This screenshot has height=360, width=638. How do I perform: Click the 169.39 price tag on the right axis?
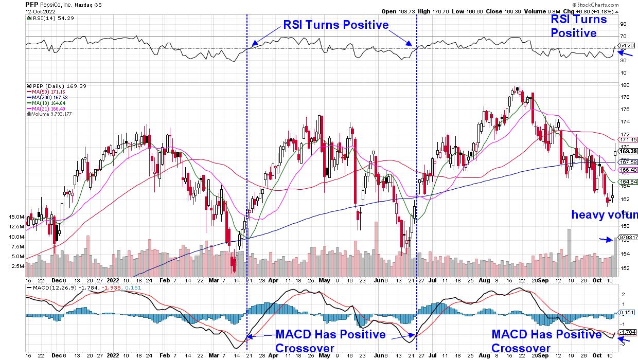coord(628,152)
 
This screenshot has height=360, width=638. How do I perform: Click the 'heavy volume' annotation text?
coord(605,215)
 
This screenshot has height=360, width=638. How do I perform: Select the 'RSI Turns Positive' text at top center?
coord(335,25)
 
